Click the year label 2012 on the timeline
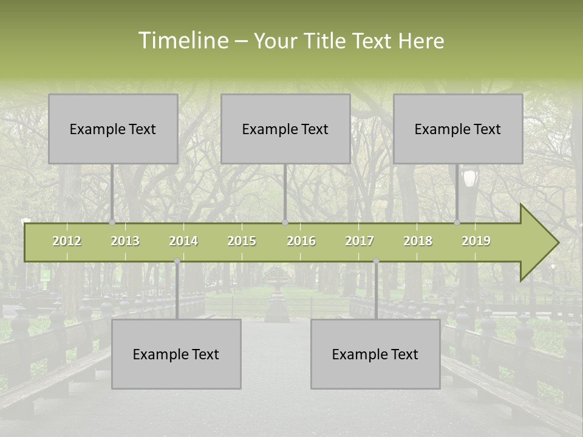point(67,241)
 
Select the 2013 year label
point(125,241)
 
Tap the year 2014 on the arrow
point(183,241)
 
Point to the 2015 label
point(242,241)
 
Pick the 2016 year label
point(301,241)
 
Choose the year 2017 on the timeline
point(360,241)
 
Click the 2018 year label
point(418,241)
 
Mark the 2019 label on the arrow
point(476,241)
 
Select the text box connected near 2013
point(113,129)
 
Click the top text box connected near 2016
point(285,129)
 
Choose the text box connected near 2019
point(458,129)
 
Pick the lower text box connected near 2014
point(176,354)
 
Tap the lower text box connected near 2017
point(375,354)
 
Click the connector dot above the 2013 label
point(112,222)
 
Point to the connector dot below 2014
point(177,261)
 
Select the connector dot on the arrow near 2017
point(376,261)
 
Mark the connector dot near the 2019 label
point(457,222)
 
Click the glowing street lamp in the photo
point(469,178)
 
